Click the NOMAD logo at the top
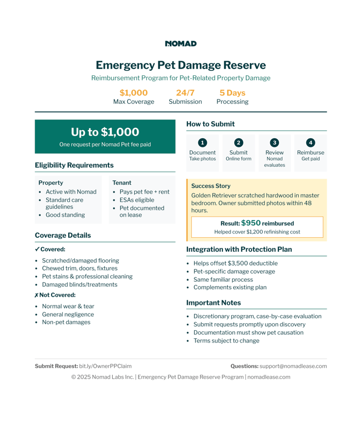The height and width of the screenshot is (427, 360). [x=181, y=44]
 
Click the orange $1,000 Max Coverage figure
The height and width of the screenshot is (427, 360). [x=133, y=93]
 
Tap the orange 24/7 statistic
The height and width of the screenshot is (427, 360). [x=185, y=93]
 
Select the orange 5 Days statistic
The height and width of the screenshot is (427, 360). [x=232, y=93]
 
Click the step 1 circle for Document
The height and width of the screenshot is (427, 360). [x=202, y=143]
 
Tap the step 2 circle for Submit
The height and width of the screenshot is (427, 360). [x=239, y=143]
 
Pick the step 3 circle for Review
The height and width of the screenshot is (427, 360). [x=275, y=143]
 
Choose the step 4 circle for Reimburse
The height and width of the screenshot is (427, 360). [x=311, y=143]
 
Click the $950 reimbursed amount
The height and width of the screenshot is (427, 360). [x=251, y=223]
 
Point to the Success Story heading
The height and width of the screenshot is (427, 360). [x=211, y=186]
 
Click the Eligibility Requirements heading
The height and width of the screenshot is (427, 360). [x=74, y=165]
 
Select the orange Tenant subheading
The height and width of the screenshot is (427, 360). [x=121, y=183]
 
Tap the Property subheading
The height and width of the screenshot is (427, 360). [x=51, y=183]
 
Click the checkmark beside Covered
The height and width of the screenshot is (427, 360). [x=37, y=250]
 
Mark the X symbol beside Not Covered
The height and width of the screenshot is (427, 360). [x=37, y=295]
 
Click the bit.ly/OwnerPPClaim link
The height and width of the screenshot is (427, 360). [x=105, y=366]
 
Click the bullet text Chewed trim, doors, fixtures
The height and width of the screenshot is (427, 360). [x=80, y=268]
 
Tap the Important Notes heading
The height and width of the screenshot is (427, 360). [x=214, y=303]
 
